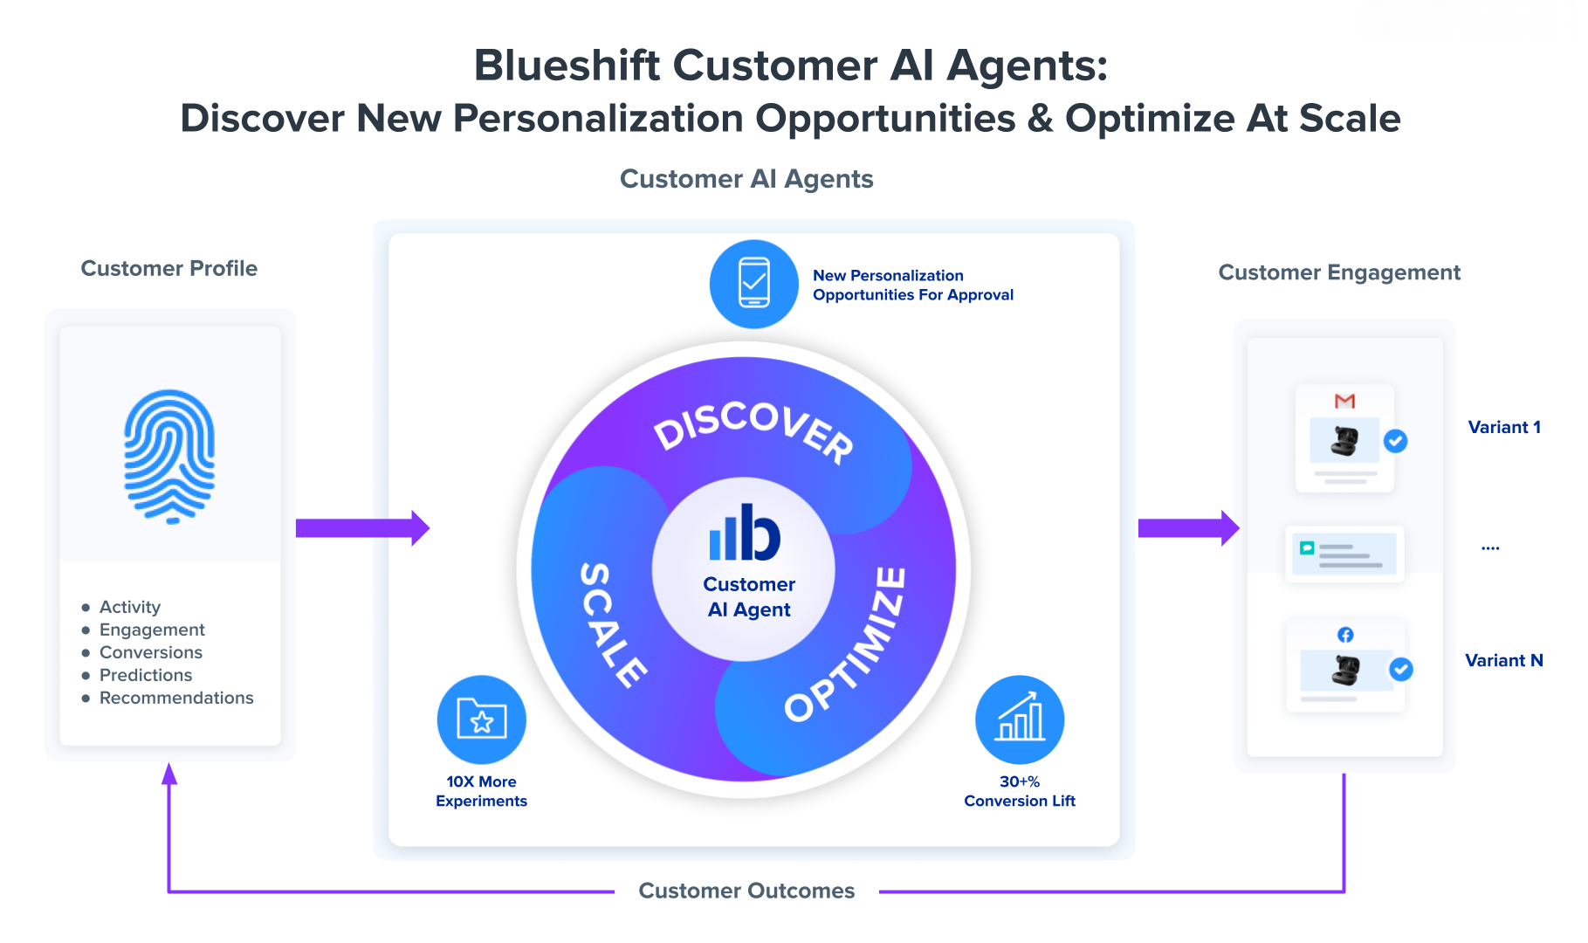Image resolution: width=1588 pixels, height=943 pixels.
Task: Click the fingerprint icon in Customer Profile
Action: [x=169, y=456]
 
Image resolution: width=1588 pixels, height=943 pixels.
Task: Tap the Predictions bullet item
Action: [x=146, y=675]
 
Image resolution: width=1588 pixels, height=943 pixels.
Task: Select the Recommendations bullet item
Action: [x=176, y=698]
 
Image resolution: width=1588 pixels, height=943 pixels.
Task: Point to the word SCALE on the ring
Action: [x=612, y=624]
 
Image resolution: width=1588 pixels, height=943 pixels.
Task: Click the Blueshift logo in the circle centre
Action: [x=745, y=533]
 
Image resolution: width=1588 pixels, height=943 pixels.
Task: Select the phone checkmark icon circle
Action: [x=753, y=284]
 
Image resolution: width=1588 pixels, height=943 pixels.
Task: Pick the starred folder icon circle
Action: [x=481, y=719]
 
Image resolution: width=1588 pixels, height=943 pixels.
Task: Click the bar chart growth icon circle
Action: [x=1020, y=719]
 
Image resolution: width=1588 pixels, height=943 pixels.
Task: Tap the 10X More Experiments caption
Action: [x=481, y=791]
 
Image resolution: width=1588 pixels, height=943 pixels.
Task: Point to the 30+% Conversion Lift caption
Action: [x=1020, y=791]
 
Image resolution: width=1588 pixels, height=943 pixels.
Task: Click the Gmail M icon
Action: [x=1344, y=401]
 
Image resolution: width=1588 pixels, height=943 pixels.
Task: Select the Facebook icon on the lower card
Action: [x=1345, y=635]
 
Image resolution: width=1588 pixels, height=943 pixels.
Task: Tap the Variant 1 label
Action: [x=1504, y=427]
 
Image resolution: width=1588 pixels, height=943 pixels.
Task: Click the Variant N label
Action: [x=1504, y=660]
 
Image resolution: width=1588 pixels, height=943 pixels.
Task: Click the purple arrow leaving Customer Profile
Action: [x=362, y=527]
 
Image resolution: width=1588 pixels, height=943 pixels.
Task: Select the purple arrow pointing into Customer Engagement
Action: [x=1188, y=527]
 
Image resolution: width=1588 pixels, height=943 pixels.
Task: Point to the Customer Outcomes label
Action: [x=746, y=891]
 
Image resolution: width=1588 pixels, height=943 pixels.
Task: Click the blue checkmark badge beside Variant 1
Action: [x=1396, y=441]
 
